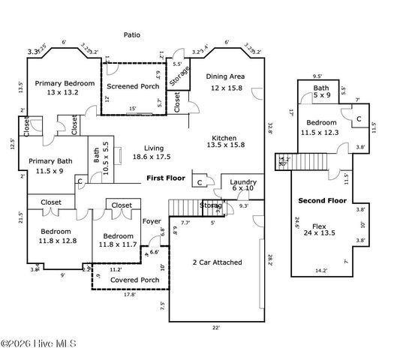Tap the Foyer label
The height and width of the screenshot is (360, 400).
(x=152, y=220)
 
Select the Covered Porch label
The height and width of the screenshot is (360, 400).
(x=129, y=280)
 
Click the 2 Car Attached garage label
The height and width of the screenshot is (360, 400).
(x=217, y=262)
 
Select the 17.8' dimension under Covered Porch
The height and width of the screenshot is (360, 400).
(x=129, y=294)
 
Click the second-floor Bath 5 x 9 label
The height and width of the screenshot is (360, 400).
(x=320, y=91)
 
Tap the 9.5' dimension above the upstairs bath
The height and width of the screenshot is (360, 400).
(x=317, y=75)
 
